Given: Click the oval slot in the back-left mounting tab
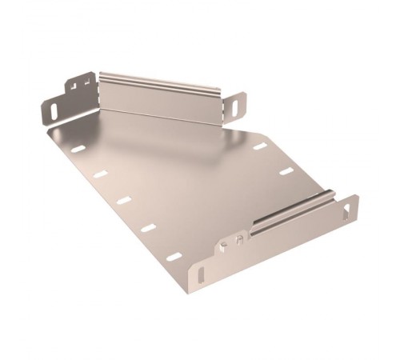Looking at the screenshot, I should [x=53, y=106].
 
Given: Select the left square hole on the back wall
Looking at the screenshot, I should [x=72, y=83].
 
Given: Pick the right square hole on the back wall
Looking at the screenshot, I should [x=84, y=79].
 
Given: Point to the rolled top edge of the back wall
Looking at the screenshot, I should [x=160, y=80].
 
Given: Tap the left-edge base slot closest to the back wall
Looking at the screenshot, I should [x=77, y=150].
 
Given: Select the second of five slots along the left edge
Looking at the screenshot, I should [x=100, y=174].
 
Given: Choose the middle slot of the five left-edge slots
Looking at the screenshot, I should [x=124, y=200].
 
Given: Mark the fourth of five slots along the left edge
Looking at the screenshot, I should [x=148, y=228].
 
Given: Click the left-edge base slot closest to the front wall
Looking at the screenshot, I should [x=174, y=257].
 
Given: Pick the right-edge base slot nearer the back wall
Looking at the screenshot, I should [x=261, y=146].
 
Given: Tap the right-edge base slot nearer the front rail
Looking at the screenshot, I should [x=286, y=170].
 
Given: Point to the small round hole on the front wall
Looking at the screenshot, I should [x=227, y=242].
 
